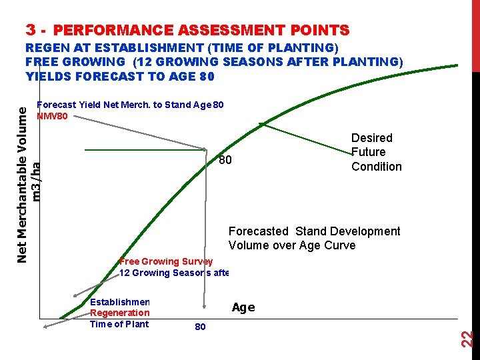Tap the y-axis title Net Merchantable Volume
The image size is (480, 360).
(x=22, y=177)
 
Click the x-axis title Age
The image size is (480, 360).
(x=243, y=307)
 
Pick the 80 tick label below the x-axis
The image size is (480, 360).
(x=199, y=327)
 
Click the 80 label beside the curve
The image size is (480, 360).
(x=225, y=160)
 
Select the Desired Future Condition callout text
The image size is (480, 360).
(x=376, y=152)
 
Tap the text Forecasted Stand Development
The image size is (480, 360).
(x=314, y=231)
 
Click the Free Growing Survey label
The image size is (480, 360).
(x=166, y=261)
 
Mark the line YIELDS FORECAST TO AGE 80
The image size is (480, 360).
(x=120, y=77)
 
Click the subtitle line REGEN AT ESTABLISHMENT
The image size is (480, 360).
(x=181, y=48)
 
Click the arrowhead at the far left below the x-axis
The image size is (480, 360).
(x=45, y=327)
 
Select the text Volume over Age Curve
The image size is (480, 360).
(x=292, y=245)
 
